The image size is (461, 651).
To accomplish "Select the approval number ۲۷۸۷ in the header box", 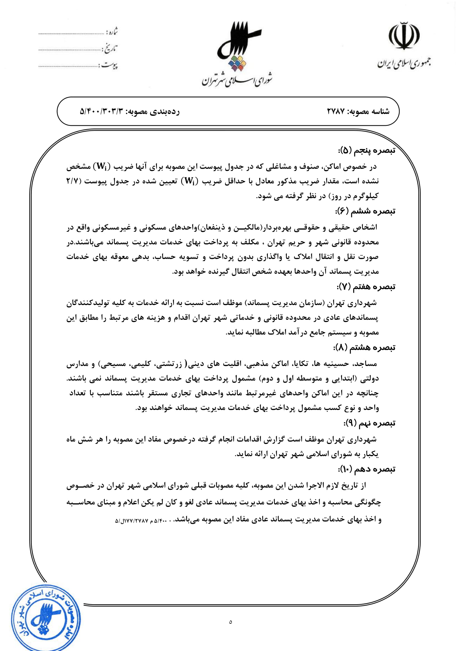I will (336, 111).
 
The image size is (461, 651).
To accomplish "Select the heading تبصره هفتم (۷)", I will (366, 287).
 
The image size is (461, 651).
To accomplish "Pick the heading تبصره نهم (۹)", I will (369, 423).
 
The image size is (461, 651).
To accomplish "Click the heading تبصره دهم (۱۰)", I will (367, 469).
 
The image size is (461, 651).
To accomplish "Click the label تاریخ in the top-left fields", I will (110, 49).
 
